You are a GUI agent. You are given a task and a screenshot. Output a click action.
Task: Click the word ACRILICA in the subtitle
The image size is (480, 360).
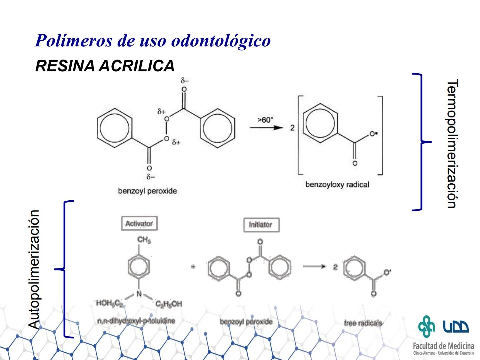tap(137, 66)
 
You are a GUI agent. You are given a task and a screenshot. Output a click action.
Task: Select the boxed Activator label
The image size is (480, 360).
tap(139, 224)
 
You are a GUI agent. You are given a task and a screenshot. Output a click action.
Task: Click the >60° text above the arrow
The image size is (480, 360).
tap(265, 120)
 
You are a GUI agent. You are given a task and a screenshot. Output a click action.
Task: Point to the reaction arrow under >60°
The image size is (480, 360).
tap(267, 128)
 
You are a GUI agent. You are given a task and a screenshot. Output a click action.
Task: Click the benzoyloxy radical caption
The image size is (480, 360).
tap(337, 185)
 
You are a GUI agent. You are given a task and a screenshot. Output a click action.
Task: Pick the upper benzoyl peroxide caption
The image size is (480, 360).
tap(147, 191)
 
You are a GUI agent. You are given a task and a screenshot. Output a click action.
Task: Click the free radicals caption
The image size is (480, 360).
tap(363, 323)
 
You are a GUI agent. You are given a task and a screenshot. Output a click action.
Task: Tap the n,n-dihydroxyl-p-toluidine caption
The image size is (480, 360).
tap(136, 321)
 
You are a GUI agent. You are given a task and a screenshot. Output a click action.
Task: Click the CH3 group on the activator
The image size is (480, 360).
tap(144, 240)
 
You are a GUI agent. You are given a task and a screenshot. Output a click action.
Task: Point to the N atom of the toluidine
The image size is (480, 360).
tap(139, 294)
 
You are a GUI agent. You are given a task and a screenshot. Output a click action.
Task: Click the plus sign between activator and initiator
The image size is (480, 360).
tap(193, 267)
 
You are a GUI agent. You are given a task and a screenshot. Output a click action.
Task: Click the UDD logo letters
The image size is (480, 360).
tap(456, 325)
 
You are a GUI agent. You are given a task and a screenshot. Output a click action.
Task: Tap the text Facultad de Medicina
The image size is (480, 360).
tap(443, 346)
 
